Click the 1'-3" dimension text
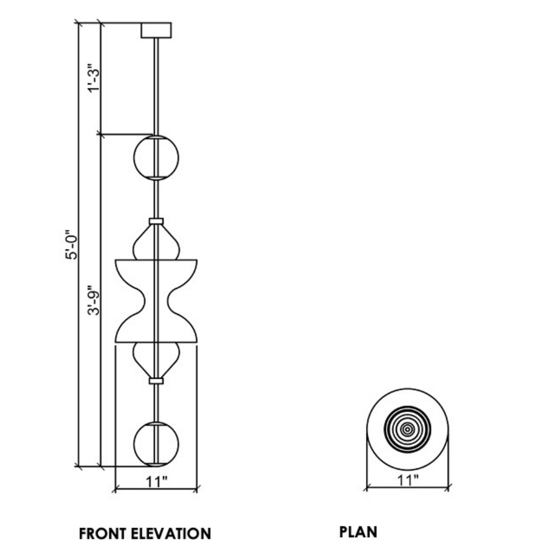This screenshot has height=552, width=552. coord(94,79)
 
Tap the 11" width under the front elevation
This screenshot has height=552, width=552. coord(156,481)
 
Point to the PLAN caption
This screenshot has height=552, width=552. coord(358,532)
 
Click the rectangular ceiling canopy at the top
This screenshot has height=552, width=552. coord(156,30)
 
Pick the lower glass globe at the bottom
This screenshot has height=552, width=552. coord(156,443)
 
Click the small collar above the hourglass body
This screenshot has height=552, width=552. coord(156,221)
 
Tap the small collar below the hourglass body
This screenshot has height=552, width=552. coord(156,381)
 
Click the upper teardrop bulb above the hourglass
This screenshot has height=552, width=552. coord(156,243)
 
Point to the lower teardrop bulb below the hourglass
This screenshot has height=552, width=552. coord(156,358)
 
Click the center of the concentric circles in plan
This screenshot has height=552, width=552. coord(408,429)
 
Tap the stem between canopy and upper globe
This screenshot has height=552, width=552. coord(156,86)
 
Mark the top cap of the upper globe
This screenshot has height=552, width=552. coord(156,138)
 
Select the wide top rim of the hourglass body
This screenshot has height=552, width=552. coord(156,261)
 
